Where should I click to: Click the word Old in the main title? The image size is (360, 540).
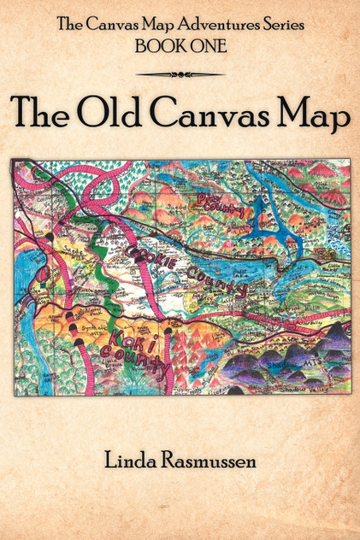coord(118,114)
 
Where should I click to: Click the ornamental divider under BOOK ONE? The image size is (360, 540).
coord(180,73)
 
